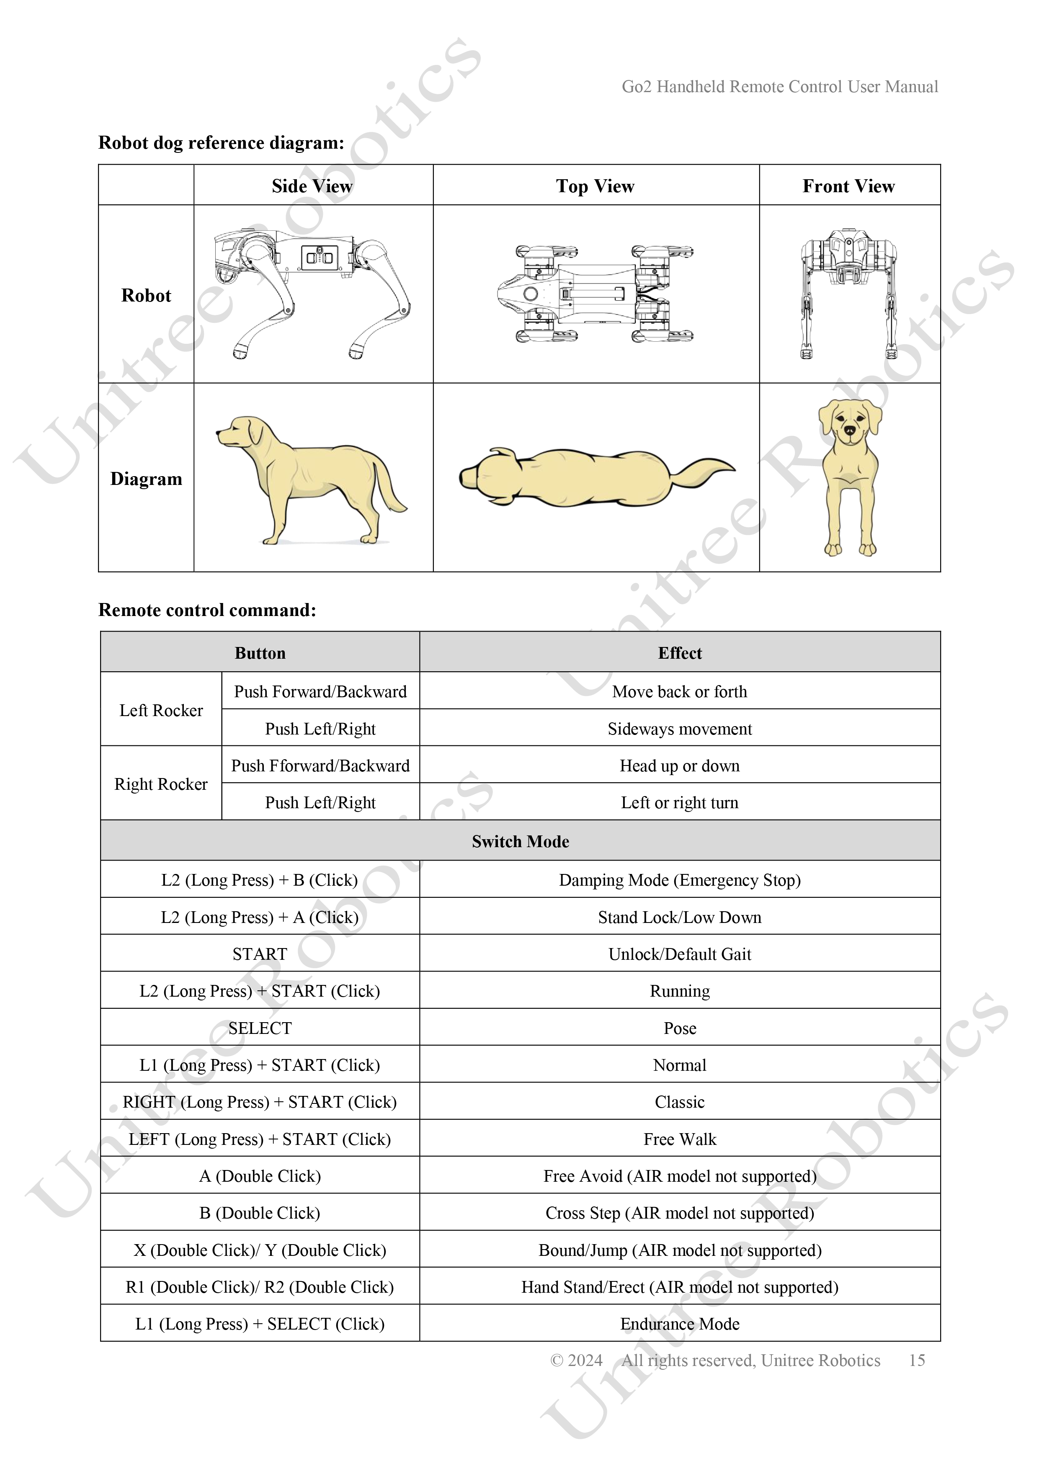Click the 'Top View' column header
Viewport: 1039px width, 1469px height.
595,186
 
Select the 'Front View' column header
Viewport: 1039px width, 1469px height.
848,186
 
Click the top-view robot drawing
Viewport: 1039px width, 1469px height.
595,294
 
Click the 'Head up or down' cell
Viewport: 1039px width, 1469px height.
679,766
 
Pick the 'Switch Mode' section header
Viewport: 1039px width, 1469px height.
520,841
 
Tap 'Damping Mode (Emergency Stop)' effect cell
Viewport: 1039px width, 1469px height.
679,880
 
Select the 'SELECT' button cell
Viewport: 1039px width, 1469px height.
260,1028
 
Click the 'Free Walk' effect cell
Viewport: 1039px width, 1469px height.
679,1139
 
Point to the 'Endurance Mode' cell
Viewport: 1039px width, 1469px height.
679,1324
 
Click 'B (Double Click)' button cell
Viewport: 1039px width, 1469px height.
260,1213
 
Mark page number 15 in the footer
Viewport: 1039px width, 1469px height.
917,1360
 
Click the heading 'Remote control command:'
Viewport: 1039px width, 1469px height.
207,610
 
